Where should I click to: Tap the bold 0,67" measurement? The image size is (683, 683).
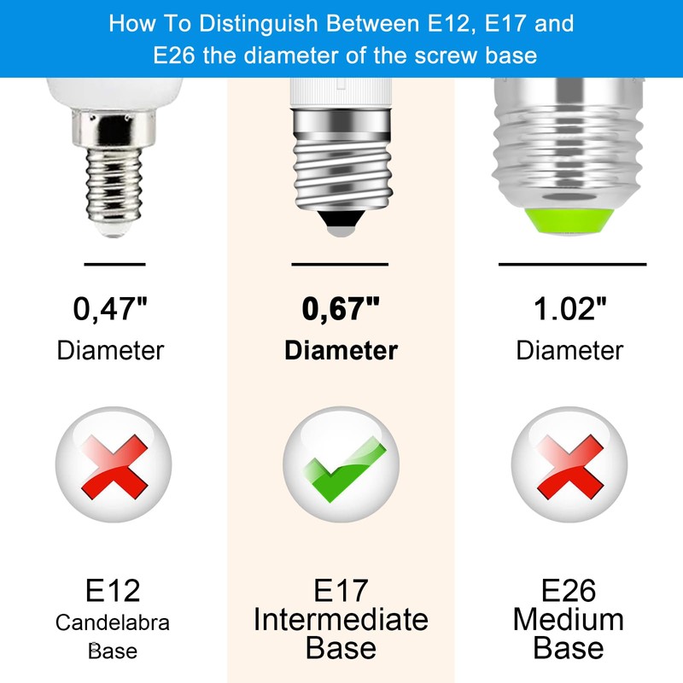point(341,309)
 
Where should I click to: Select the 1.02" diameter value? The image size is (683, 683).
point(570,309)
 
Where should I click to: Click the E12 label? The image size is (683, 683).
point(113,591)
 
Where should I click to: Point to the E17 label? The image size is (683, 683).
point(341,591)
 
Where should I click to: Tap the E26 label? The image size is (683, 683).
point(569,591)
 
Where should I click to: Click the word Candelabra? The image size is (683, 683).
point(113,622)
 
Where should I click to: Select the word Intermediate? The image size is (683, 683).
point(341,619)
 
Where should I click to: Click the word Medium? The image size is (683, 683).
point(569,619)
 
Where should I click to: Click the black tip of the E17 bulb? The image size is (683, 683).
point(340,225)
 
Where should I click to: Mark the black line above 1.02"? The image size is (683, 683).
point(572,264)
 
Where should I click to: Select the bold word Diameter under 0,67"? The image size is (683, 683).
point(341,350)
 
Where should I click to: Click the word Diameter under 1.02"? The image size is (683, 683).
point(570,350)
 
